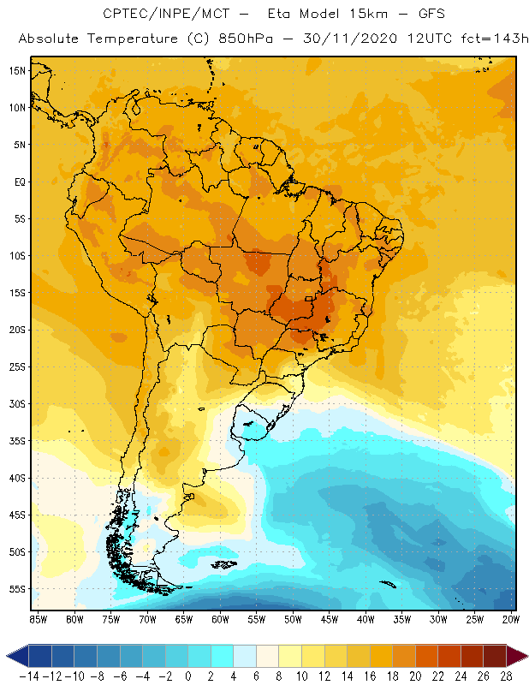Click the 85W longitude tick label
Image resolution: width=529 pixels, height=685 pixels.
pos(38,619)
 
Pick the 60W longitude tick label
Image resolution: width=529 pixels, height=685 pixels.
pos(220,619)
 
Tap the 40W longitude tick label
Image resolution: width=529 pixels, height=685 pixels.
pos(366,619)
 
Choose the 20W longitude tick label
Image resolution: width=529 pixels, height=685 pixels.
pos(511,619)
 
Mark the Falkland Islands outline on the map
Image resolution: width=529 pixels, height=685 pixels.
pos(224,563)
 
